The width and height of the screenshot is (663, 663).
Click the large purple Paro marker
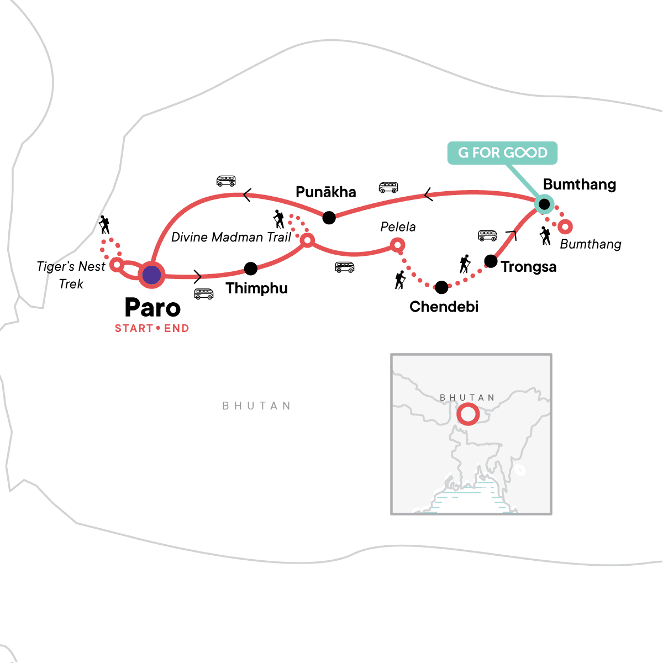click(x=151, y=275)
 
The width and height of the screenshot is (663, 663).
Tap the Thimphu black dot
click(x=251, y=269)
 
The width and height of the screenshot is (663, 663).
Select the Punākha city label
click(x=326, y=192)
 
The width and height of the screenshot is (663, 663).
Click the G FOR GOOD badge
click(x=502, y=152)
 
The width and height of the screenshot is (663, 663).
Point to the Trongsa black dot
click(x=491, y=261)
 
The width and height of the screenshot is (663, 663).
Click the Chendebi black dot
click(x=441, y=287)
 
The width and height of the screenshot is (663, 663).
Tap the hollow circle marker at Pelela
click(x=398, y=245)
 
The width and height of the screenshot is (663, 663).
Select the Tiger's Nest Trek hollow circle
click(x=117, y=264)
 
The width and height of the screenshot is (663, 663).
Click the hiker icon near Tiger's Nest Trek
click(x=104, y=225)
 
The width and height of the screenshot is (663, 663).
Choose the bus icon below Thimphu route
click(x=204, y=293)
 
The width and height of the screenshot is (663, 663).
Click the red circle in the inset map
click(x=468, y=414)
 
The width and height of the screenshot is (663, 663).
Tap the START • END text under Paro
click(x=152, y=329)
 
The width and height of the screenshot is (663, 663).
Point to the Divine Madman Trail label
click(x=231, y=238)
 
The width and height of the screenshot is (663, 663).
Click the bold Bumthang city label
click(x=580, y=185)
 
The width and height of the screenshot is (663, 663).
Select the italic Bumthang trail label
click(x=591, y=244)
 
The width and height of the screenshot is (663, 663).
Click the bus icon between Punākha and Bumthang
click(x=388, y=187)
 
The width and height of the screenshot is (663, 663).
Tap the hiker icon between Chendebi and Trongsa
click(x=465, y=264)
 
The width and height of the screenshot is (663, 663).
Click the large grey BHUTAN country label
click(x=256, y=406)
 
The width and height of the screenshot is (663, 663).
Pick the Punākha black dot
click(x=329, y=218)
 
